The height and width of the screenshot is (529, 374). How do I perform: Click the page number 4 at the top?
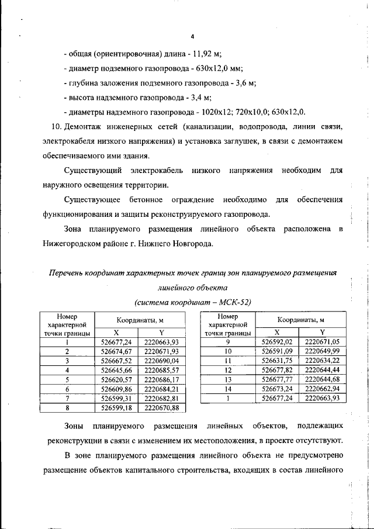point(192,36)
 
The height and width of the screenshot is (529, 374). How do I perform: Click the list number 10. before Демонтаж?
point(57,127)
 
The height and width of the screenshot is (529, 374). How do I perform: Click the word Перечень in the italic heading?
point(68,273)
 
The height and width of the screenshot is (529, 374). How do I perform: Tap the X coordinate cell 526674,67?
point(117,351)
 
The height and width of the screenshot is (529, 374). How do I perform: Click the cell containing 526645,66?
point(117,370)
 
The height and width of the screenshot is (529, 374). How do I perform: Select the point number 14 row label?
point(228,389)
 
